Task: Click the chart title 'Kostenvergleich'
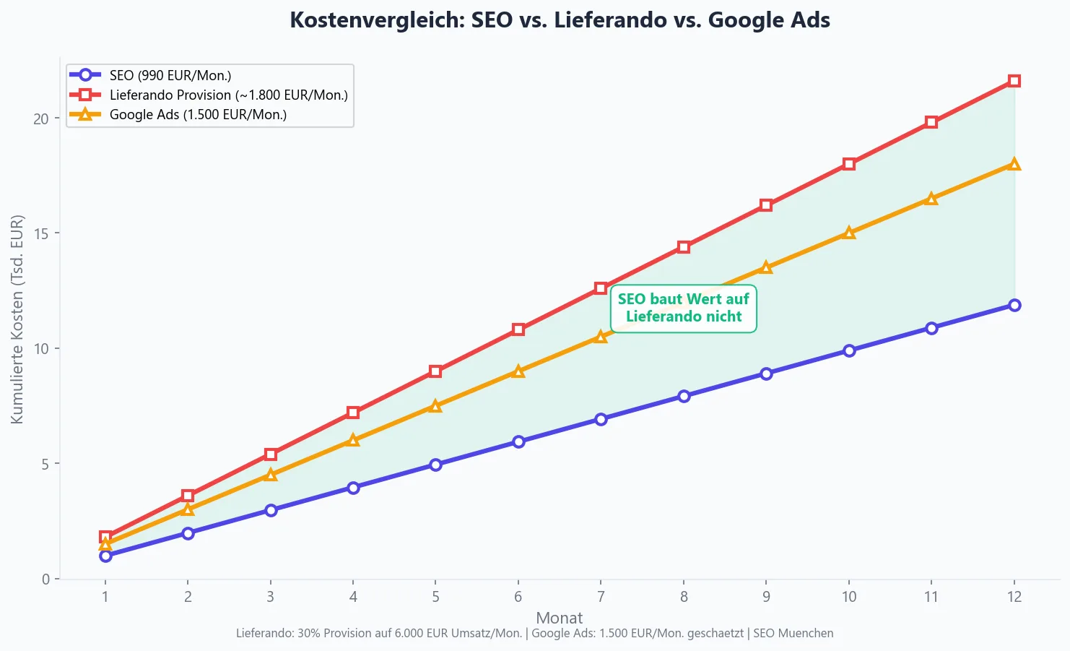[x=560, y=20]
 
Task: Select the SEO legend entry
[x=170, y=75]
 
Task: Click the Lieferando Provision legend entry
[x=228, y=95]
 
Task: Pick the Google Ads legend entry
[x=198, y=114]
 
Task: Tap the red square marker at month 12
[x=1014, y=81]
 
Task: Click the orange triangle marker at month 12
[x=1014, y=164]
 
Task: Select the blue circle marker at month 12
[x=1014, y=305]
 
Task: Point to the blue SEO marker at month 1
[x=105, y=556]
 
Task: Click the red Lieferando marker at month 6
[x=518, y=329]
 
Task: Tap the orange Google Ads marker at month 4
[x=353, y=440]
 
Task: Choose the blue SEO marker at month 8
[x=684, y=396]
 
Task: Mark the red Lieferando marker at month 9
[x=766, y=205]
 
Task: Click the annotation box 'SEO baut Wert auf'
[x=683, y=308]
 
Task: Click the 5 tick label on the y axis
[x=45, y=464]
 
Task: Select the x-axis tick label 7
[x=601, y=597]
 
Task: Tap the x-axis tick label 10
[x=849, y=597]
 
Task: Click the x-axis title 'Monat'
[x=559, y=618]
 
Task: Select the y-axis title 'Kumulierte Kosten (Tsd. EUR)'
[x=17, y=319]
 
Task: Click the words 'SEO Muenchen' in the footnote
[x=793, y=634]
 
